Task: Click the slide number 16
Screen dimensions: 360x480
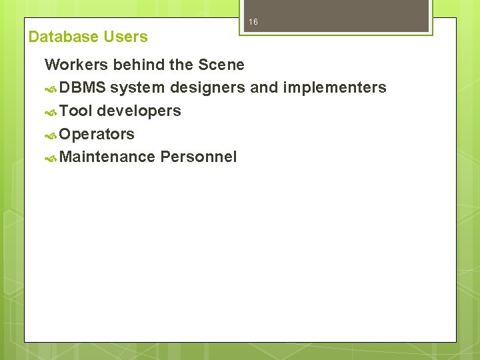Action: point(253,23)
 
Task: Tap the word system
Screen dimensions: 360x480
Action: point(137,88)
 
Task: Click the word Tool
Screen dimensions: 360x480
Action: point(75,111)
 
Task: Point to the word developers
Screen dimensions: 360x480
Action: point(139,111)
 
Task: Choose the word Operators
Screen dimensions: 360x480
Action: point(97,134)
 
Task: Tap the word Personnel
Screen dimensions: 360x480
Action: point(198,157)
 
